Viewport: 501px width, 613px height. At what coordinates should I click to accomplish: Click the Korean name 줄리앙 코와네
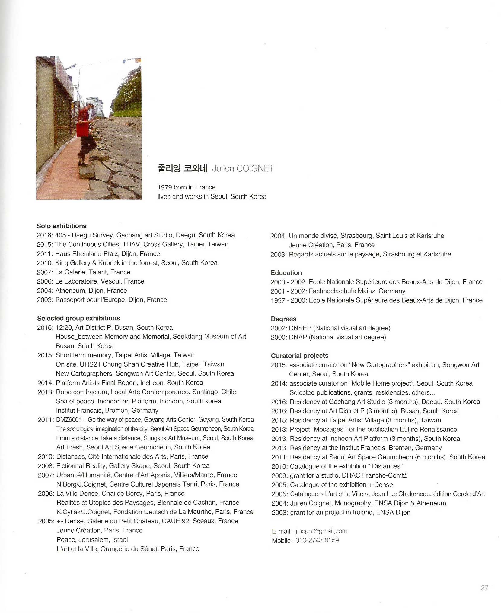point(182,168)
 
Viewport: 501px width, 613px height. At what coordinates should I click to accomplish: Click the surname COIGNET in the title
point(255,168)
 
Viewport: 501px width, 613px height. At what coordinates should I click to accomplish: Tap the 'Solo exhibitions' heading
point(62,226)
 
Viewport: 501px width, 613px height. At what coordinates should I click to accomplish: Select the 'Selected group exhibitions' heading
point(78,318)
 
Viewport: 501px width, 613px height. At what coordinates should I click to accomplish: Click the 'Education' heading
point(286,273)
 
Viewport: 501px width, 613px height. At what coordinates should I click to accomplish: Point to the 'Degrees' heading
point(283,319)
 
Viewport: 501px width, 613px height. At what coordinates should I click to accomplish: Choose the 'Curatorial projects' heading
point(299,356)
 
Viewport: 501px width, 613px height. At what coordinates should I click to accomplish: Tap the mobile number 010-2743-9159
point(317,540)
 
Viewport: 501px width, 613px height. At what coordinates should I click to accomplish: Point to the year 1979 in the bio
point(164,187)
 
